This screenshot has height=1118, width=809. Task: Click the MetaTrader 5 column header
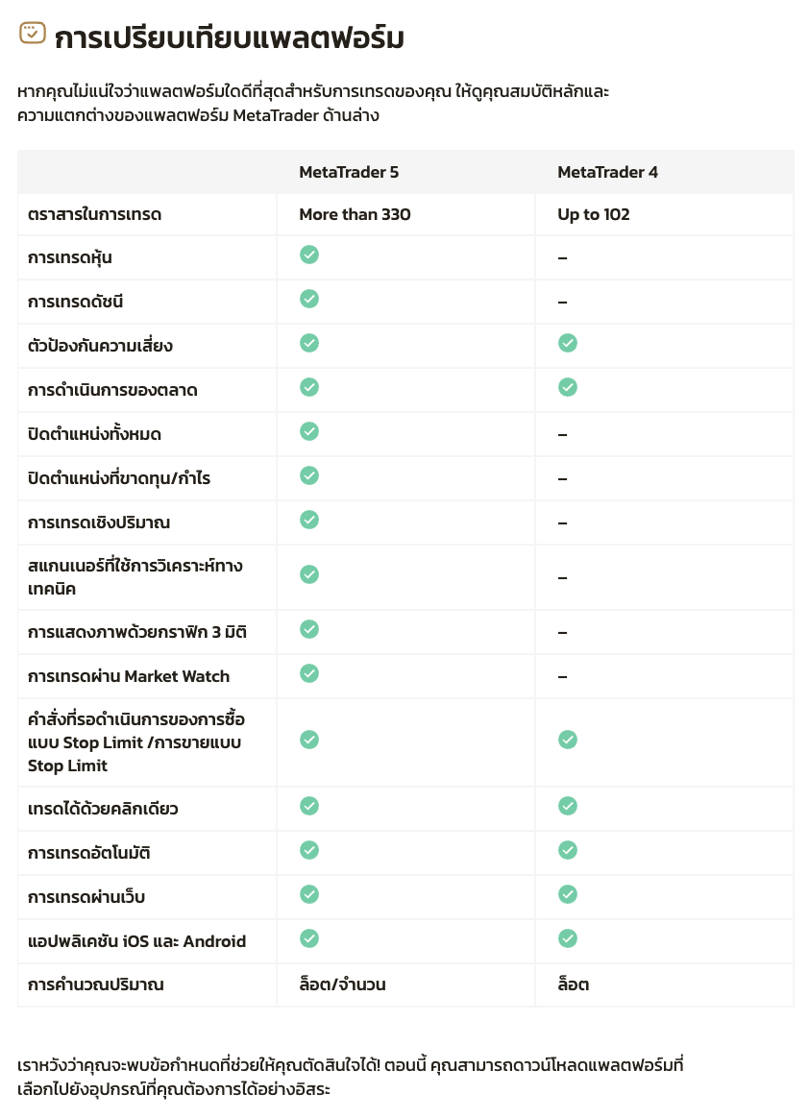[x=348, y=173]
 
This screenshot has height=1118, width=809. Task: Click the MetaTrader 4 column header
[x=607, y=173]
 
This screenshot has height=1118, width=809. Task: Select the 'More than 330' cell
[x=355, y=215]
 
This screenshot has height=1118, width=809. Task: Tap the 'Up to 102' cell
[x=594, y=215]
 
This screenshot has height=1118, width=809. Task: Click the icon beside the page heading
[x=33, y=34]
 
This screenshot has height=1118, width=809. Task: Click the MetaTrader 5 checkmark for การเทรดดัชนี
[x=309, y=299]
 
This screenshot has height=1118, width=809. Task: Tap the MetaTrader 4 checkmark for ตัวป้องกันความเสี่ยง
[x=568, y=343]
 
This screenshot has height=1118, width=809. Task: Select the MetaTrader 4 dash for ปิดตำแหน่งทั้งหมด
[x=562, y=435]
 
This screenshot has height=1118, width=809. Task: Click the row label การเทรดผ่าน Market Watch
[x=129, y=676]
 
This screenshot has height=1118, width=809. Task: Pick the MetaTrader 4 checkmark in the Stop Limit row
[x=568, y=740]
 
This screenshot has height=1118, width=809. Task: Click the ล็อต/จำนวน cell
[x=342, y=984]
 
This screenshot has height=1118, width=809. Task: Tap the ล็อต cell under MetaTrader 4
[x=573, y=984]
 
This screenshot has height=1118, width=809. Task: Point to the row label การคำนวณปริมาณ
[x=95, y=984]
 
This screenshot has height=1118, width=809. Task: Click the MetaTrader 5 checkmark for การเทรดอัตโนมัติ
[x=309, y=850]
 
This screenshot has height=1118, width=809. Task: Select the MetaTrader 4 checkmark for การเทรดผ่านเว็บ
[x=568, y=894]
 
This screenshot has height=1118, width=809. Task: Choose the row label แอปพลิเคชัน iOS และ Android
[x=136, y=941]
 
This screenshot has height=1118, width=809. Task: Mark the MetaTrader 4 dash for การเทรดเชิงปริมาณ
[x=562, y=523]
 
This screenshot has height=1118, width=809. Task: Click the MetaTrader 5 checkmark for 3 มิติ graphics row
[x=309, y=629]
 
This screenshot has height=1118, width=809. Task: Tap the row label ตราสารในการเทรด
[x=94, y=215]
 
